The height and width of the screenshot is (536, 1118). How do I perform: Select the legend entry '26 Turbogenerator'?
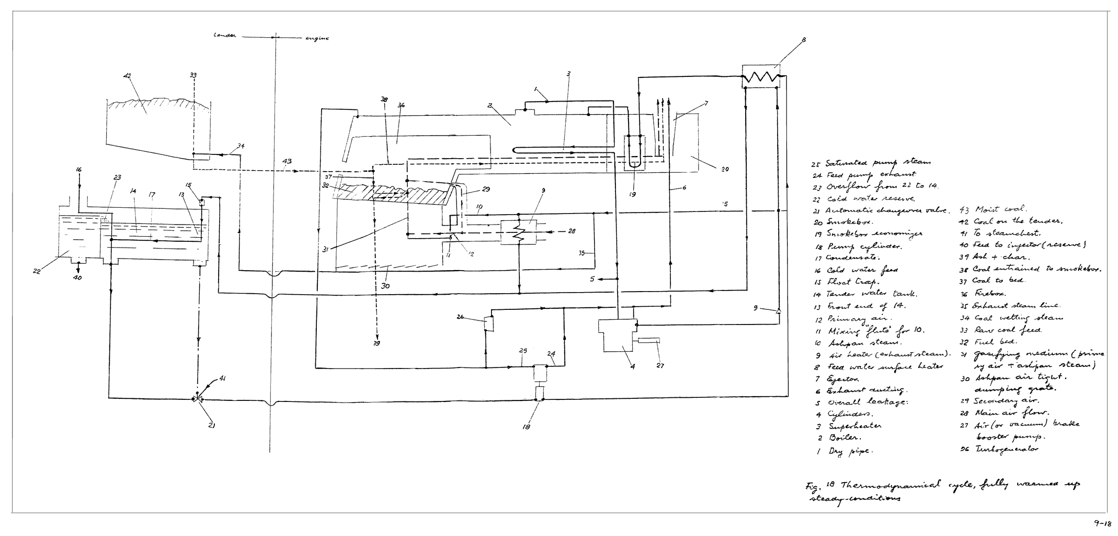coord(999,449)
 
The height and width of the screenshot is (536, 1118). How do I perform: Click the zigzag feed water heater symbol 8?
coord(761,77)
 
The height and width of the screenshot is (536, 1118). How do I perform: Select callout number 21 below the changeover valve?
coord(212,425)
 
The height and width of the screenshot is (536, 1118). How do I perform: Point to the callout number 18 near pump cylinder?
coord(526,427)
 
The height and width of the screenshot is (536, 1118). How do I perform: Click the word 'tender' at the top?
coord(225,36)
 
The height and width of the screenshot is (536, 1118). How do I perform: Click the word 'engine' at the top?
coord(316,38)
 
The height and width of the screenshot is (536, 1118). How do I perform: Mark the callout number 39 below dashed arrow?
coord(377,343)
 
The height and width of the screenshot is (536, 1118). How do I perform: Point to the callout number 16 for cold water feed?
coord(78,170)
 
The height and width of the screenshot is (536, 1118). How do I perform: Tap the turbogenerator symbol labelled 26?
coord(488,322)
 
